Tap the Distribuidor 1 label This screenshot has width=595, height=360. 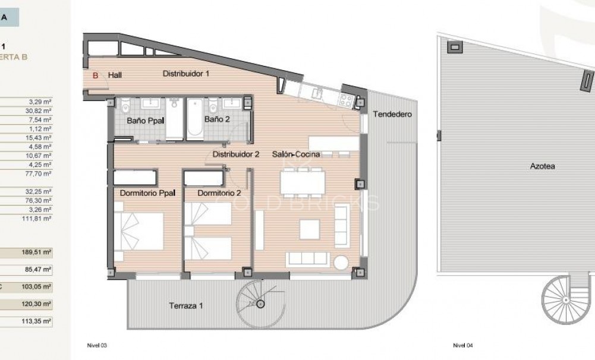click(x=187, y=74)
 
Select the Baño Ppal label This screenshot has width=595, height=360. click(x=146, y=120)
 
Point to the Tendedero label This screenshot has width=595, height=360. click(x=392, y=114)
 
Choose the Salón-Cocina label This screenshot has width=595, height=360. click(x=296, y=154)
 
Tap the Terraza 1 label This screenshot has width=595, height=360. click(x=186, y=306)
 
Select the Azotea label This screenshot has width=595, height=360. click(x=542, y=166)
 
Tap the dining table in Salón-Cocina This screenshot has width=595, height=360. click(x=303, y=182)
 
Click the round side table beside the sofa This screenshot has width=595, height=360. click(x=341, y=263)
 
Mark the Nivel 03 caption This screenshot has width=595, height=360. click(x=96, y=345)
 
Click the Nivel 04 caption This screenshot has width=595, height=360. click(x=463, y=345)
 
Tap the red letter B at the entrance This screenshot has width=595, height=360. click(x=95, y=75)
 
